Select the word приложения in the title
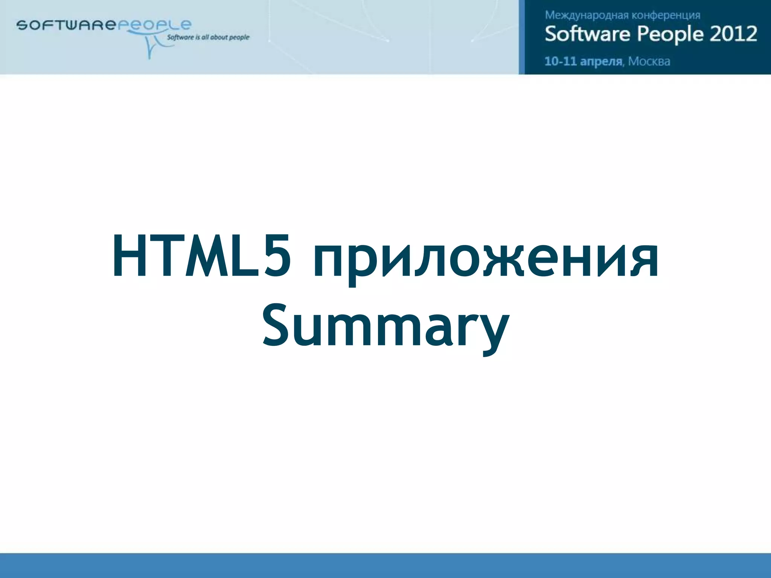[x=486, y=260]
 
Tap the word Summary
[x=385, y=326]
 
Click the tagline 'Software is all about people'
[x=208, y=37]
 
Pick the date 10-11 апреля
[x=583, y=61]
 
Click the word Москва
[x=649, y=61]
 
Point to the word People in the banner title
[x=670, y=34]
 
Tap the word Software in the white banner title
[x=587, y=34]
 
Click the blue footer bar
[x=385, y=565]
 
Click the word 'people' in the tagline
[x=239, y=37]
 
